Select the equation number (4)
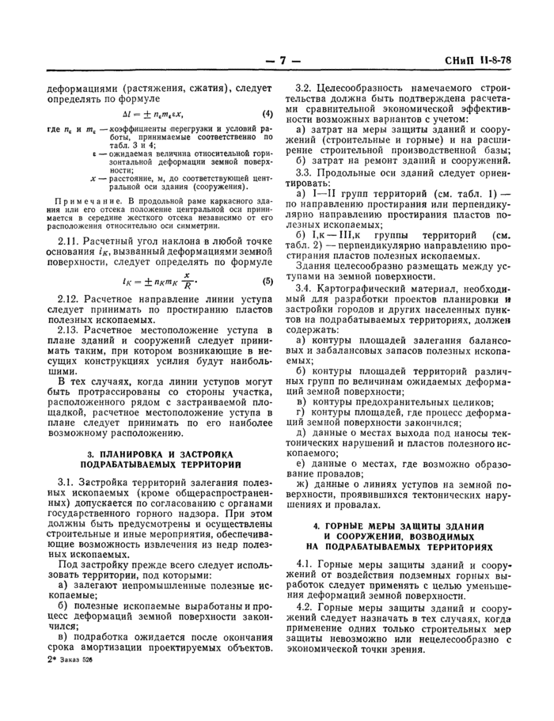268,112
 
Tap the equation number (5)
268,279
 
